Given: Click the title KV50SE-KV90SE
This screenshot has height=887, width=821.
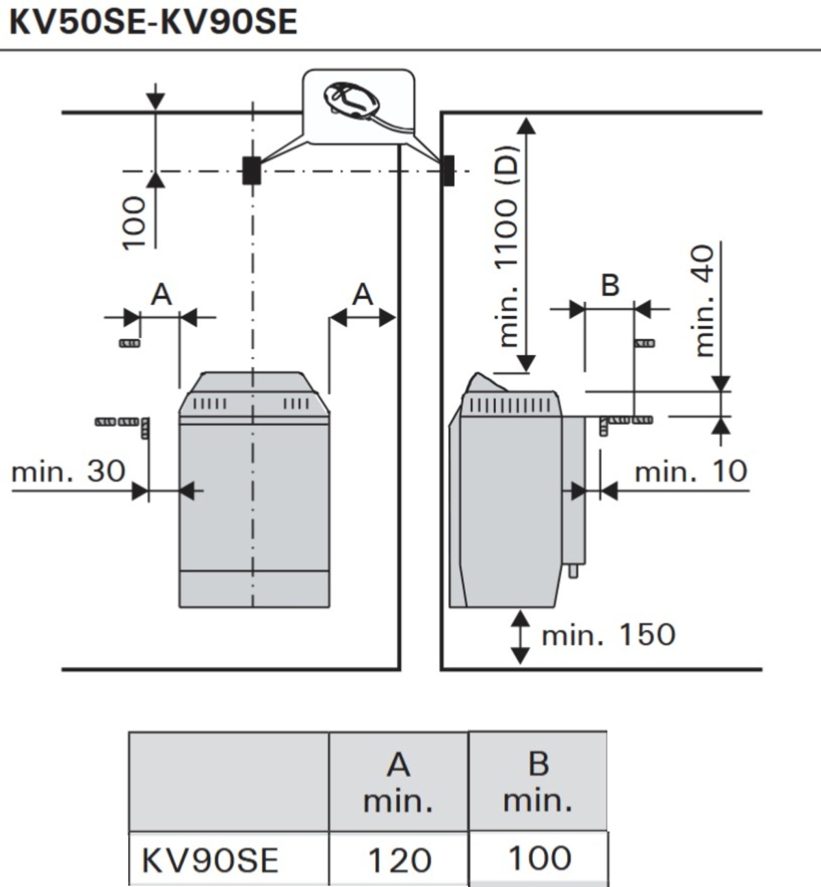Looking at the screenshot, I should (153, 22).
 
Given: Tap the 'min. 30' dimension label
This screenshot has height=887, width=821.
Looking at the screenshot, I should (68, 471).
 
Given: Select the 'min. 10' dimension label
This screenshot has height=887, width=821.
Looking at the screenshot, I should (691, 471).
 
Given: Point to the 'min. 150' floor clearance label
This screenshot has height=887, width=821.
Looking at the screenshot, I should (608, 635).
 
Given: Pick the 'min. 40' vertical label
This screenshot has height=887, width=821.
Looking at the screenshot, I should (704, 301).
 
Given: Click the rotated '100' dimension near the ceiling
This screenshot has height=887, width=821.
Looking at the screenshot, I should (133, 223).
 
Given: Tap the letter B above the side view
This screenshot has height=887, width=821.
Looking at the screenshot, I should (610, 284).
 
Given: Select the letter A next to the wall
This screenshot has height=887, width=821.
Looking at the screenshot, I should (363, 295).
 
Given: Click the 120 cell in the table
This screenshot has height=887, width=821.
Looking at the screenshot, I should (400, 860).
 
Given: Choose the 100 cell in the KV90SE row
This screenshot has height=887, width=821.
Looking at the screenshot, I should (539, 858).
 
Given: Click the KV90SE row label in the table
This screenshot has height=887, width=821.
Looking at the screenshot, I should (210, 860).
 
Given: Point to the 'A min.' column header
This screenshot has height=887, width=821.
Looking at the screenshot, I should (398, 782).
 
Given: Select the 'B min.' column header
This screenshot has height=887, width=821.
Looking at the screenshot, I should (538, 781).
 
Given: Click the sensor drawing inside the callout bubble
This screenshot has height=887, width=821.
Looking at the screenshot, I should (354, 101).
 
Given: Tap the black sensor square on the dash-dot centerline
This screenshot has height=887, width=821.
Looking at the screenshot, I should (252, 170).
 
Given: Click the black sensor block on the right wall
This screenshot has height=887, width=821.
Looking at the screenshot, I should (447, 170).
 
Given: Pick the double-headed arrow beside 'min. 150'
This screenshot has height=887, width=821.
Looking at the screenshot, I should (521, 637).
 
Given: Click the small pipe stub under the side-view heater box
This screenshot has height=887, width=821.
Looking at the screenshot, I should (573, 569).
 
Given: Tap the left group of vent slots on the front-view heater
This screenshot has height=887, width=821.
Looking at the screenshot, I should (209, 403).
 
